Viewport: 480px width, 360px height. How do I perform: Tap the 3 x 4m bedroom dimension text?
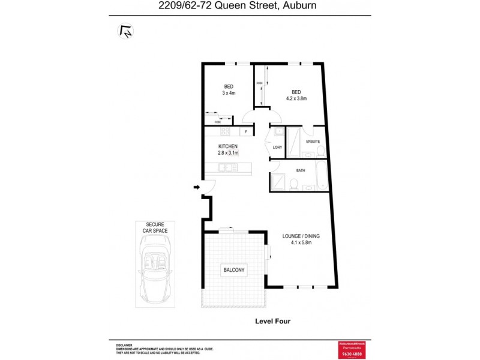229,93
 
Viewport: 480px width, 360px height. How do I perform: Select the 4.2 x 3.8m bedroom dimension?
296,98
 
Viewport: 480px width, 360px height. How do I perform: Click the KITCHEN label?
228,146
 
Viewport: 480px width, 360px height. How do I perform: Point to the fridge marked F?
245,132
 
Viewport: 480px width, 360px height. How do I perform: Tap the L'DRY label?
277,147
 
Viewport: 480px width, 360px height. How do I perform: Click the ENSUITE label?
313,142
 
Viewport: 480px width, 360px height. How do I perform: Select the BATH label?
301,170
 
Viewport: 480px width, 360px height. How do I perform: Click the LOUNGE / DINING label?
301,236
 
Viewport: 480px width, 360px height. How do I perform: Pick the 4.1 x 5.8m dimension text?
301,244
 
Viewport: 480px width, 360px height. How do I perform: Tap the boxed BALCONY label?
234,271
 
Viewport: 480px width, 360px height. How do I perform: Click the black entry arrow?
196,188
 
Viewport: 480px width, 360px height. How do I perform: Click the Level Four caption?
273,322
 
